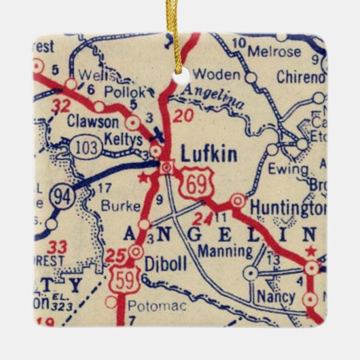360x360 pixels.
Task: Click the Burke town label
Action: tap(115, 203)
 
